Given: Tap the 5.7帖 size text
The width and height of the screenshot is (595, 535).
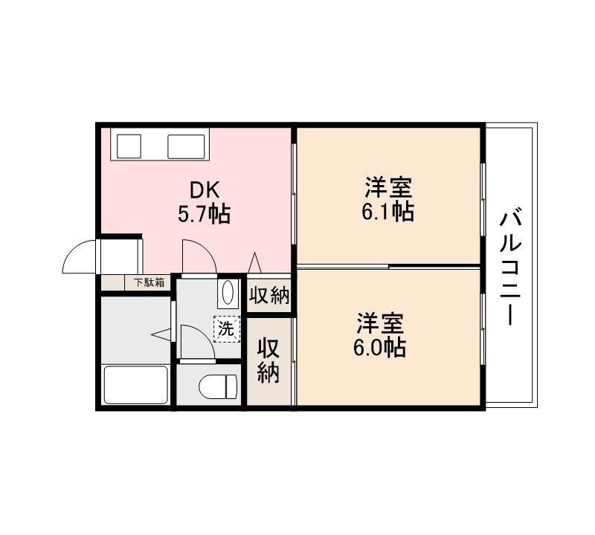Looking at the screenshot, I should coord(203,215).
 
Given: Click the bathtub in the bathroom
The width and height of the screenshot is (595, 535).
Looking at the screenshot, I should coord(135,384).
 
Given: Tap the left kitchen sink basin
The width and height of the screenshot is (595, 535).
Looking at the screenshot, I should coord(127,144).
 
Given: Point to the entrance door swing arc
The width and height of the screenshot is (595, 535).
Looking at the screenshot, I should coord(80,256).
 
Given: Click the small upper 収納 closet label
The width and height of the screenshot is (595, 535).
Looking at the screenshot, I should coord(268,295).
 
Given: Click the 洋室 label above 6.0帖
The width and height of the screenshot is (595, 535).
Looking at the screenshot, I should coord(379,323).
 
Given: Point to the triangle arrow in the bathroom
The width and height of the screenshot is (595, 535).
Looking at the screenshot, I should coord(161,335).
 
